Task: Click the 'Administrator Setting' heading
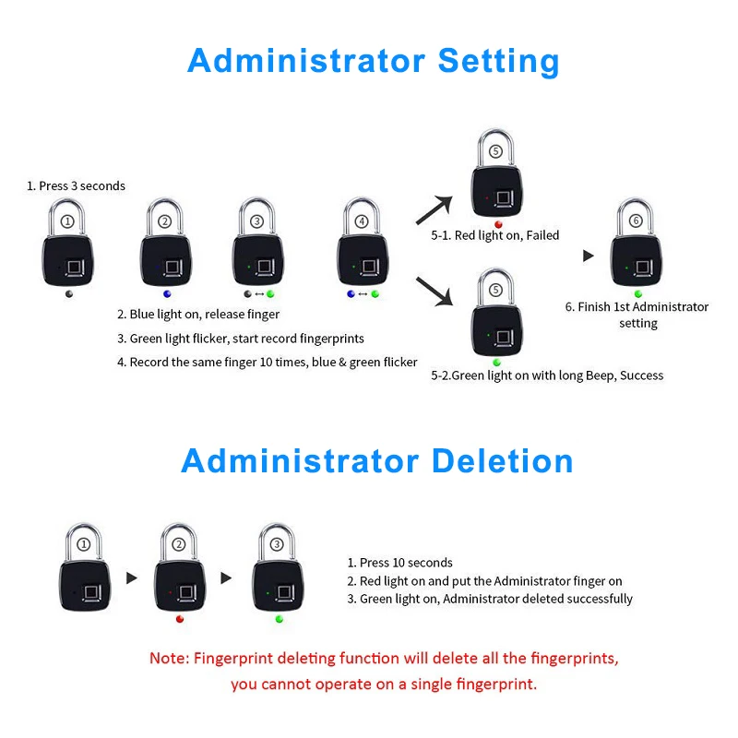coord(374,62)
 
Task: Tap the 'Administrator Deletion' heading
coord(377,460)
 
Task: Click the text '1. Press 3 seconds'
coord(76,186)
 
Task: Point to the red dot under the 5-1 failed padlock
coord(498,224)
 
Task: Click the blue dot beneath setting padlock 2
coord(167,294)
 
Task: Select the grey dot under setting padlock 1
coord(69,294)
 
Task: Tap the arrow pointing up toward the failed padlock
coord(434,210)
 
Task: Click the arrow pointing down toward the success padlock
coord(434,292)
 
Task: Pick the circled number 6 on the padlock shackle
coord(636,220)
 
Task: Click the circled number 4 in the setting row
coord(362,221)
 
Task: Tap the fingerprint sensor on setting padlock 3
coord(265,267)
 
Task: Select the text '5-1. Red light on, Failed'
coord(495,235)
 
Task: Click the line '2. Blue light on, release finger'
coord(198,315)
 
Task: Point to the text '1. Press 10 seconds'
coord(399,563)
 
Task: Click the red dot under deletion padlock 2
coord(179,619)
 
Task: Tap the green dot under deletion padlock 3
coord(280,619)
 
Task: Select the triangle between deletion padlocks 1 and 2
coord(131,577)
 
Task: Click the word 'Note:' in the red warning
coord(170,658)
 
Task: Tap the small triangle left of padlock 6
coord(589,256)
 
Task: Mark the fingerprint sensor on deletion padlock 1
coord(91,593)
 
